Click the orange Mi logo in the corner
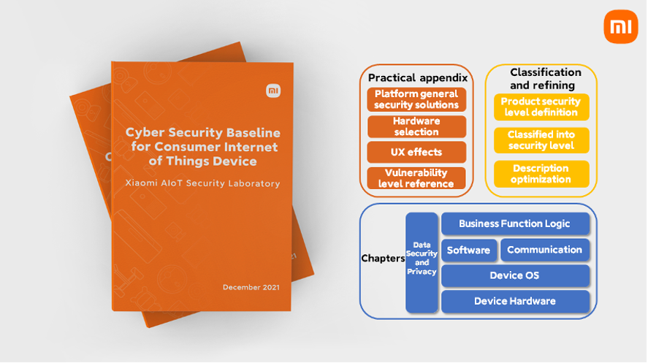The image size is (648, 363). (621, 26)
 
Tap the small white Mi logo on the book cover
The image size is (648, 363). (273, 91)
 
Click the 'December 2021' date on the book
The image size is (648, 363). (251, 288)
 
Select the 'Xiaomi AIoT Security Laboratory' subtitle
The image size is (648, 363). (202, 183)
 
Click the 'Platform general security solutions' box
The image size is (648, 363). (416, 99)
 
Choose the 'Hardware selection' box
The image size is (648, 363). (416, 126)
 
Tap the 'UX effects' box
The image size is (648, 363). (416, 152)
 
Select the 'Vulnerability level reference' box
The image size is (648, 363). (416, 178)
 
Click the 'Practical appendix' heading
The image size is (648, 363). (418, 77)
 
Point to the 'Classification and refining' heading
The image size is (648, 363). (546, 78)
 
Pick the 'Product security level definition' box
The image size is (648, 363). (541, 107)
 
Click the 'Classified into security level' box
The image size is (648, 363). (541, 140)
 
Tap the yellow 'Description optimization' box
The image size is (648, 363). (541, 174)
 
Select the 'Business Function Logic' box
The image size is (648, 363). (515, 223)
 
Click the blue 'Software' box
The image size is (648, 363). (468, 250)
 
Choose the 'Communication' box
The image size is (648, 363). (545, 250)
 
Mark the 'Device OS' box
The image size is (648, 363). (515, 275)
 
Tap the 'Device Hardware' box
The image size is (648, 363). (515, 301)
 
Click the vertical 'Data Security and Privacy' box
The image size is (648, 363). (422, 263)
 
